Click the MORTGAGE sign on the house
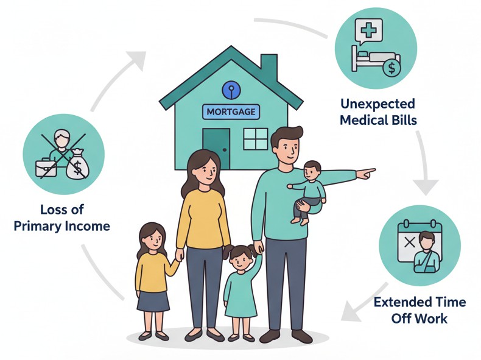click(231, 112)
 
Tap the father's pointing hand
click(365, 174)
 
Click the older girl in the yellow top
click(152, 274)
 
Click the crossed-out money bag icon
click(77, 164)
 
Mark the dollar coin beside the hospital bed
click(391, 68)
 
